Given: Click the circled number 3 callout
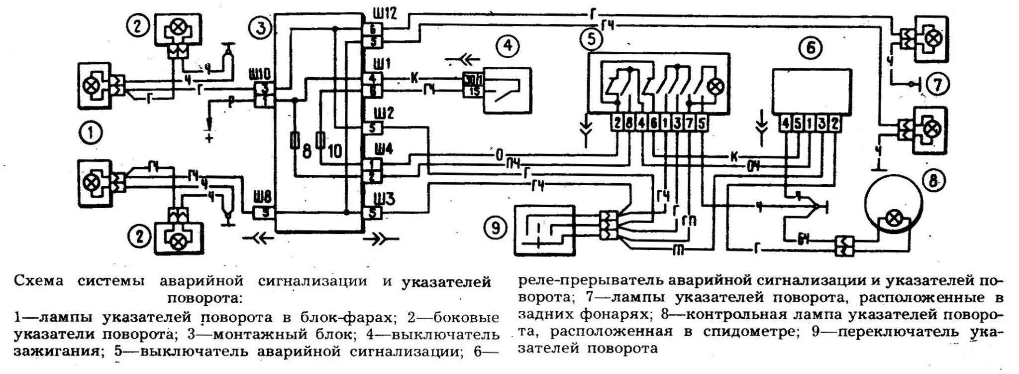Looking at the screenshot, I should click(260, 28).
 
